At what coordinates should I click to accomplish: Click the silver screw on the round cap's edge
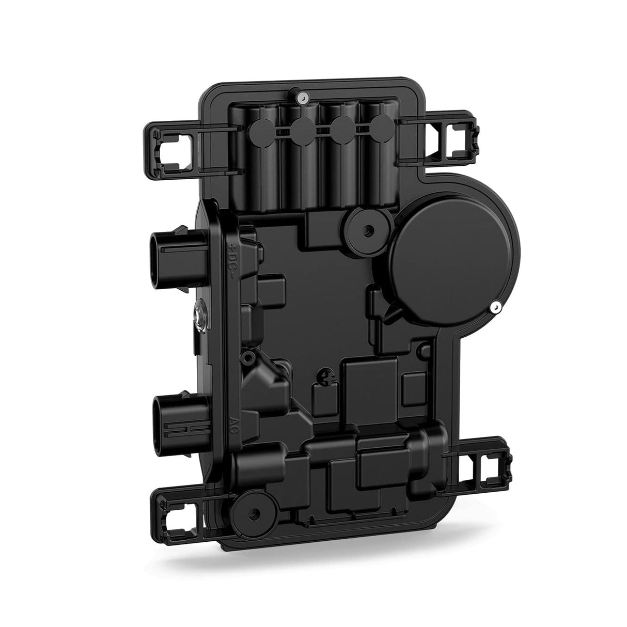click(495, 308)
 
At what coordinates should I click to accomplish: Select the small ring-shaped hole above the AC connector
click(249, 356)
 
